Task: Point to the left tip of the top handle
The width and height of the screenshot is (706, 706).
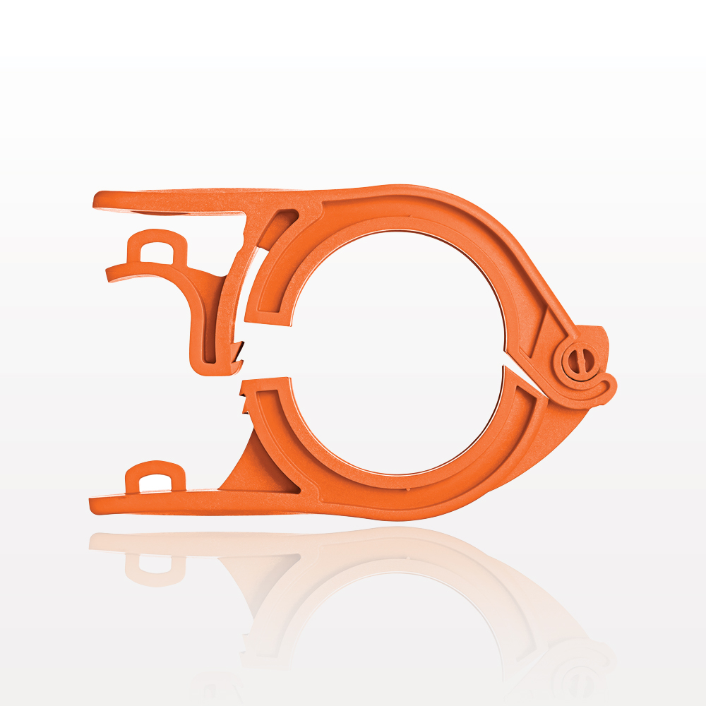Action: (x=97, y=201)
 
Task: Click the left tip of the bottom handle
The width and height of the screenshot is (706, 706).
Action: (x=93, y=506)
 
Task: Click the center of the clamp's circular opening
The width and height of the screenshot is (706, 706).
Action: (x=395, y=353)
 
